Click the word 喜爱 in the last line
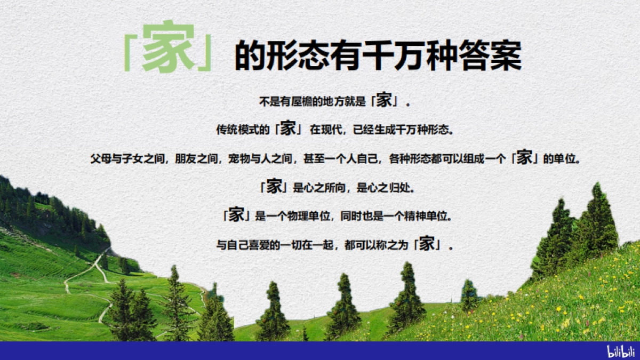coord(265,245)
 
